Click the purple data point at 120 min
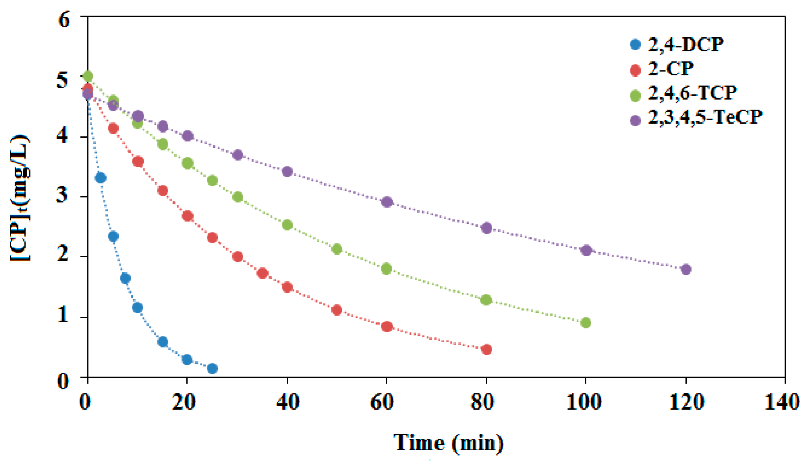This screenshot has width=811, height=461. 686,269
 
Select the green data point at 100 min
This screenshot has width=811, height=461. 586,323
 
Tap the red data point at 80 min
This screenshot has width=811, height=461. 486,350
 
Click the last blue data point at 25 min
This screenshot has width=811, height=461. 212,368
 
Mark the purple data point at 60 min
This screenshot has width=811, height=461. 387,202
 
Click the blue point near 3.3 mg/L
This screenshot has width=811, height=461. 101,178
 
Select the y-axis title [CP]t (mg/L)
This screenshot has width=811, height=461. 21,198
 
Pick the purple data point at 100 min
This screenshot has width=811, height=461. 586,250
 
